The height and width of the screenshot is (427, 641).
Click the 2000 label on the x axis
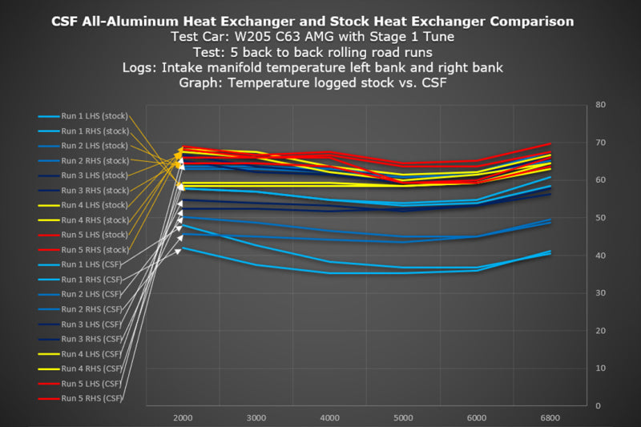[x=182, y=418]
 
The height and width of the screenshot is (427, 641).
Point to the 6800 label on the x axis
[x=550, y=418]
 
